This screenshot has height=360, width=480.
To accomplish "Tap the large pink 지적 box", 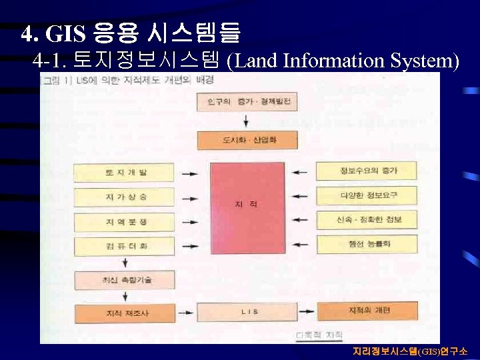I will pyautogui.click(x=247, y=208).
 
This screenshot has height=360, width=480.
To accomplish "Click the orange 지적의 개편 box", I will pyautogui.click(x=366, y=311).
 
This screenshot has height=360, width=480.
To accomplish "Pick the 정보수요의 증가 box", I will pyautogui.click(x=366, y=171).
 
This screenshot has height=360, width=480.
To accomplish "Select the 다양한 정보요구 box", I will pyautogui.click(x=366, y=195).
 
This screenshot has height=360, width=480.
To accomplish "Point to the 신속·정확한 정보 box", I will pyautogui.click(x=366, y=219).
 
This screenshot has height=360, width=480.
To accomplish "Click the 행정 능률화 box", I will pyautogui.click(x=366, y=244).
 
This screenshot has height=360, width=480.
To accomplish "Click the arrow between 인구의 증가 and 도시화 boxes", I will pyautogui.click(x=247, y=121).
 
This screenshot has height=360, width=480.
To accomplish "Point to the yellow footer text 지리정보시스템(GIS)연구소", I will pyautogui.click(x=410, y=351).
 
